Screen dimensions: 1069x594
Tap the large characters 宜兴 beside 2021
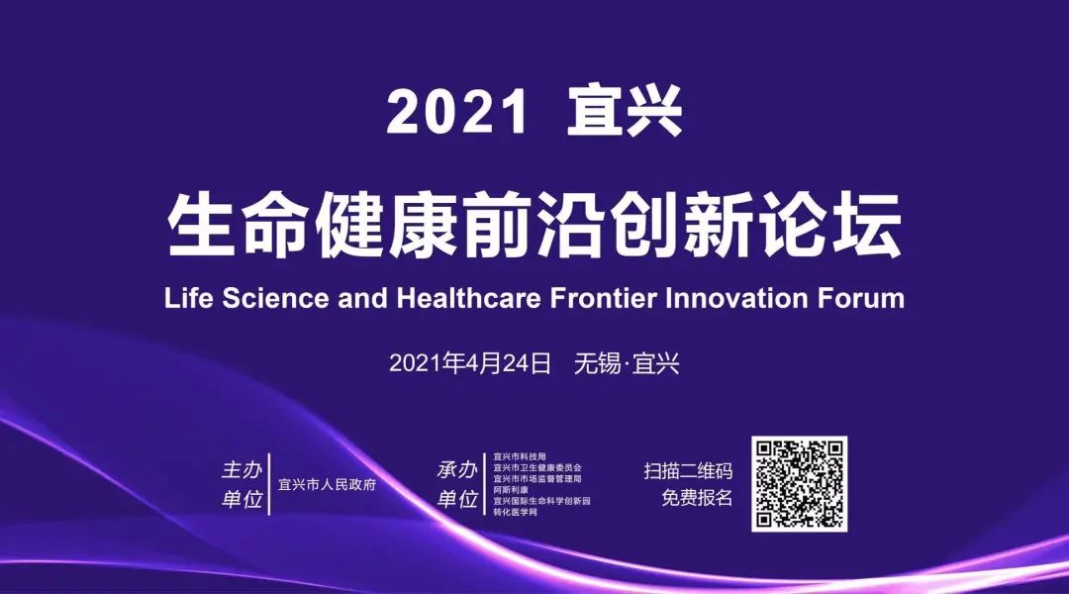click(x=625, y=111)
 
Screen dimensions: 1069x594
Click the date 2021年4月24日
click(x=470, y=363)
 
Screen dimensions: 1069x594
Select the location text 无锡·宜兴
click(x=628, y=363)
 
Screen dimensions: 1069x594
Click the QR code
click(x=800, y=484)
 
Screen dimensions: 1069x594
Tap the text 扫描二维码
click(x=688, y=471)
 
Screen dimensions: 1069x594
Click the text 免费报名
click(x=697, y=498)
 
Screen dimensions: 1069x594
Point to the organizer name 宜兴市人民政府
click(x=328, y=485)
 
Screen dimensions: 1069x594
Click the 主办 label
click(x=243, y=470)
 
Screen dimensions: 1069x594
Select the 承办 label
click(x=457, y=470)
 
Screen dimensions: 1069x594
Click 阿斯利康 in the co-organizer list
click(x=511, y=490)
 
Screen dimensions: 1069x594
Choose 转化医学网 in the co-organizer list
click(x=516, y=512)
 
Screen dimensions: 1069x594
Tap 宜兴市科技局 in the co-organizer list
click(x=520, y=456)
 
